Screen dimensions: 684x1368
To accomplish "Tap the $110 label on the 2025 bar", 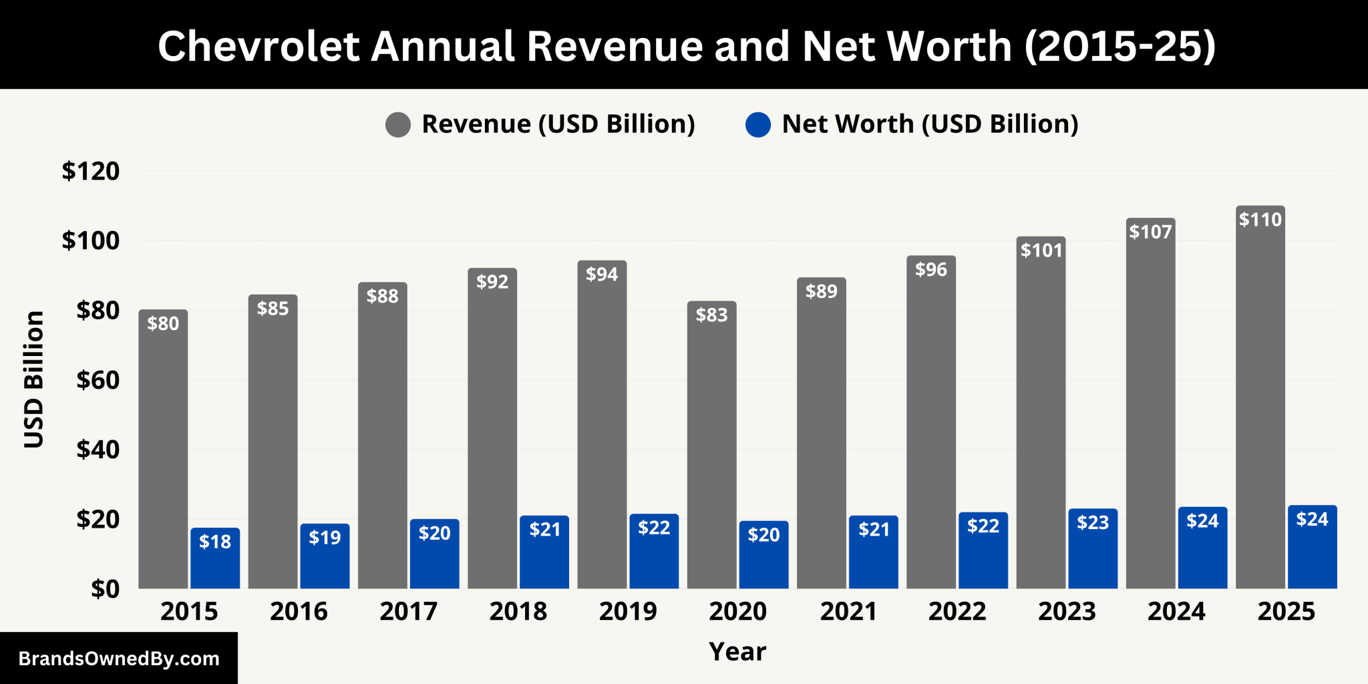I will (x=1260, y=220).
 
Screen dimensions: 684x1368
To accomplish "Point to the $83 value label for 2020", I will (x=711, y=315).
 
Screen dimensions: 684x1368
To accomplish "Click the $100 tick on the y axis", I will (x=91, y=240).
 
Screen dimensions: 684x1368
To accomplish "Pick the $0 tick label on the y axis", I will (x=105, y=589).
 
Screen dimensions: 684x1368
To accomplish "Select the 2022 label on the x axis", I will (x=957, y=611).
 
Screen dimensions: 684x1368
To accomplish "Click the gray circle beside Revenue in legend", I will (x=398, y=124).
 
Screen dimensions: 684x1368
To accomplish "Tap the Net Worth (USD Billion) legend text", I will (x=930, y=124).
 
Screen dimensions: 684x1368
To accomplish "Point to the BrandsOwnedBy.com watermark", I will (x=119, y=659).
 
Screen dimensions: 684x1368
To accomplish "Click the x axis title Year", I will (x=737, y=651).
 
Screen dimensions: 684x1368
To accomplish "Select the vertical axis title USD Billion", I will (x=33, y=379).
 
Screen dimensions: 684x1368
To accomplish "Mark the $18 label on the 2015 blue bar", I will (x=215, y=542).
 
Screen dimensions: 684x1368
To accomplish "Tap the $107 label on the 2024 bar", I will (x=1150, y=232).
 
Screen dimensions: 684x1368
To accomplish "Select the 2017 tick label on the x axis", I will (x=408, y=611).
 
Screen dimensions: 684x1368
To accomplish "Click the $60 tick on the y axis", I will (x=98, y=380).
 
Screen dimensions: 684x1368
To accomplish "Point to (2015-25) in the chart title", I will (x=1120, y=46).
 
